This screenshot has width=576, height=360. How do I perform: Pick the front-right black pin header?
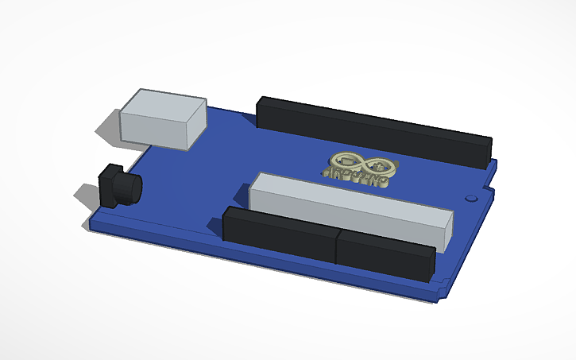(x=385, y=254)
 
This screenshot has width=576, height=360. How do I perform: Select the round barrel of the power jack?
(x=127, y=189)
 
